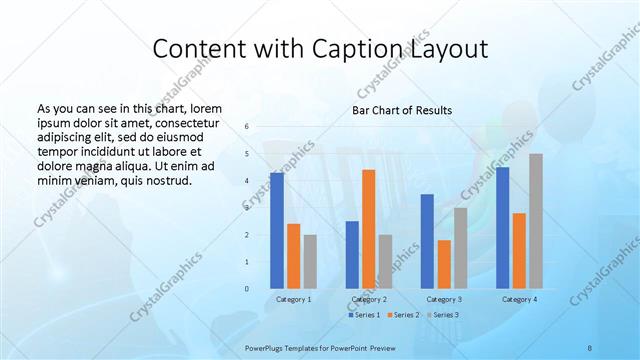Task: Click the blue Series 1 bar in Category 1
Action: pyautogui.click(x=277, y=231)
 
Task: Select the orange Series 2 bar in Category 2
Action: pyautogui.click(x=368, y=229)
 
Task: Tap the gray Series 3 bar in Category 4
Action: pyautogui.click(x=536, y=221)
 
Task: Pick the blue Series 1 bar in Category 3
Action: pyautogui.click(x=427, y=241)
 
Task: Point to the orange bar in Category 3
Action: pyautogui.click(x=444, y=264)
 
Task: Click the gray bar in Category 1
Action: pyautogui.click(x=310, y=262)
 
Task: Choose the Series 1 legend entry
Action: pyautogui.click(x=364, y=315)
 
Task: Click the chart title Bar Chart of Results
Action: pyautogui.click(x=402, y=110)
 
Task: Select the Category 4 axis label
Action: pyautogui.click(x=518, y=299)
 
